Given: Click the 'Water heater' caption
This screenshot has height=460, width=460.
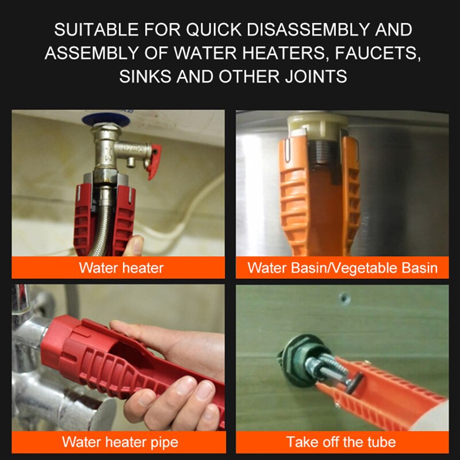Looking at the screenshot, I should (x=121, y=267).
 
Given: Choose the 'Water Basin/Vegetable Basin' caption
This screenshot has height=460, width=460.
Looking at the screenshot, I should (x=342, y=267).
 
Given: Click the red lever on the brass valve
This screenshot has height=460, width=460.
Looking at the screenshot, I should (x=154, y=161).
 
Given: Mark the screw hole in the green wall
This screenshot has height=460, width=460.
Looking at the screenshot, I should (x=343, y=298).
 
